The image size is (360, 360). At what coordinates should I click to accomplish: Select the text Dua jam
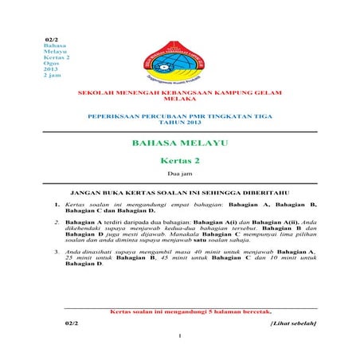pos(179,173)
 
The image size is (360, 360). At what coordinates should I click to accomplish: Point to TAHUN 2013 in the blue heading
pos(179,122)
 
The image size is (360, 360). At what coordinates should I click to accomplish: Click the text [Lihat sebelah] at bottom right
pos(294,323)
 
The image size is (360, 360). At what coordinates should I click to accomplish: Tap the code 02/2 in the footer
pos(71,323)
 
